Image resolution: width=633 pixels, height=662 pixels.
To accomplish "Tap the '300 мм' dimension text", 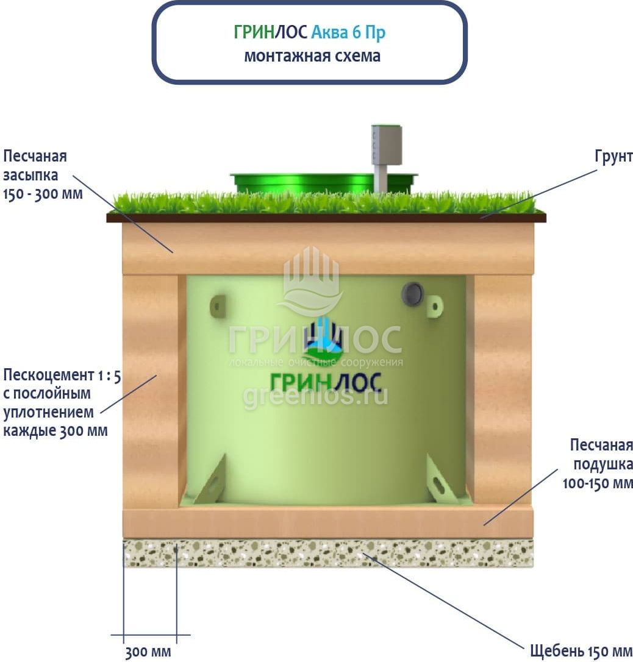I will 148,652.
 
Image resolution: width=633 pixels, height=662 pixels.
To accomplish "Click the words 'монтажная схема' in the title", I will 312,56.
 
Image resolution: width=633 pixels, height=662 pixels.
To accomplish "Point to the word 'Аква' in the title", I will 330,32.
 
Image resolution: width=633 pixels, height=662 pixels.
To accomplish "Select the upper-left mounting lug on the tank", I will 218,305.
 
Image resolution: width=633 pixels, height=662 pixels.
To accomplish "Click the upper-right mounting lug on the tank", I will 435,305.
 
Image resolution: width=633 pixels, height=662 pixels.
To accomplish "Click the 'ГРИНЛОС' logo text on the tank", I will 326,382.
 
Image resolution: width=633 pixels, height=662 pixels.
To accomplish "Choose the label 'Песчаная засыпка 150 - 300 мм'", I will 43,176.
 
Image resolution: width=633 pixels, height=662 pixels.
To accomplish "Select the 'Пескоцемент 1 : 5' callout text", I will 61,374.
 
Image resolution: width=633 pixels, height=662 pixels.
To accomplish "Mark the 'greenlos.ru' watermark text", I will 316,397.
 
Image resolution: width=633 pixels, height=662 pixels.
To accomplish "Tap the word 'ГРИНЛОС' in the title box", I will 270,32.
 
